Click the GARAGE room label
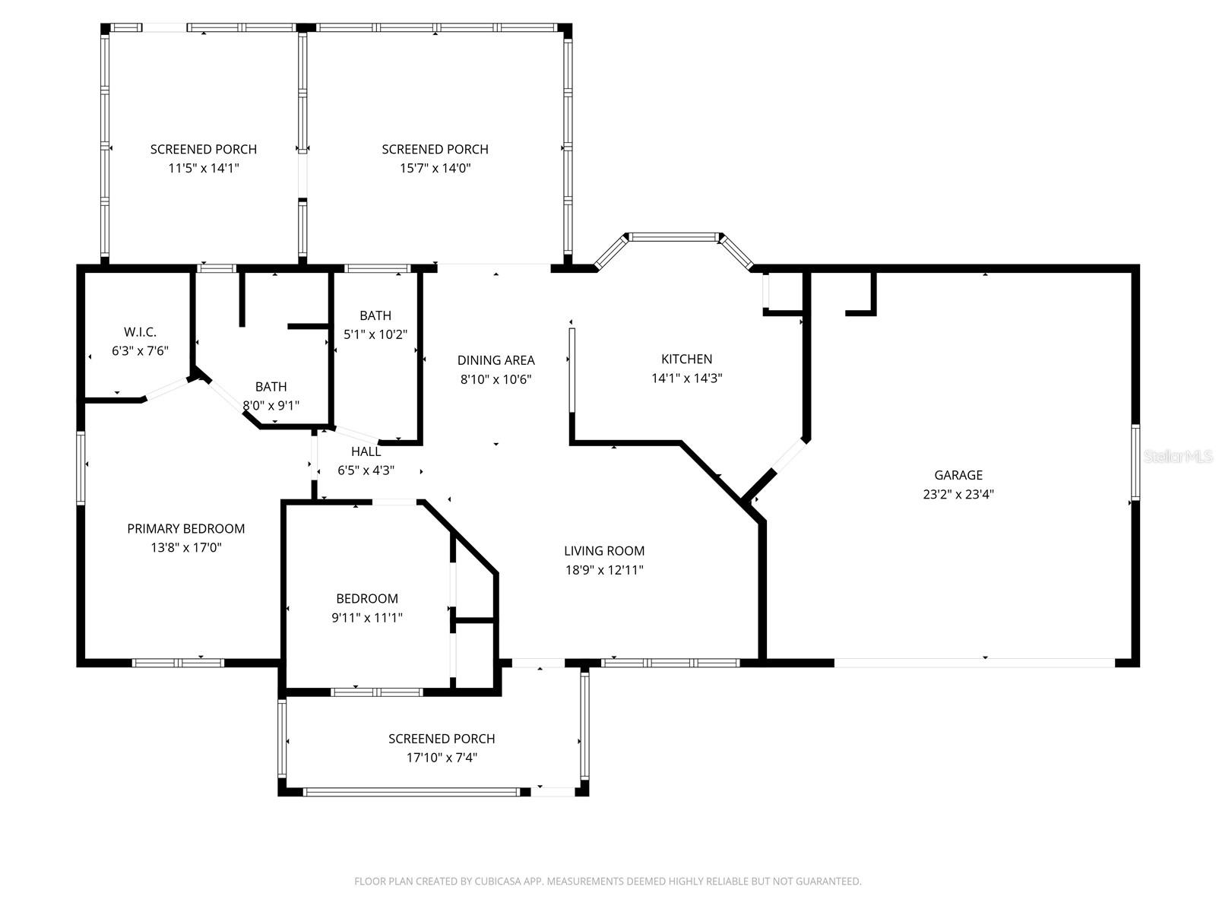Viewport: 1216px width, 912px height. pos(958,475)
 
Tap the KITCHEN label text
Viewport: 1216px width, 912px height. pos(686,359)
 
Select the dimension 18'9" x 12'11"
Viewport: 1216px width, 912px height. pos(603,570)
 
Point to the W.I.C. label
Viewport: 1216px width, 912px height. pos(140,332)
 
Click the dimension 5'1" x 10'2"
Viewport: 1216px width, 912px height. pos(375,334)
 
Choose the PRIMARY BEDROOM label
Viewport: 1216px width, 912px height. pos(185,528)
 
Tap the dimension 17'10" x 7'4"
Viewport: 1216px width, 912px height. pos(442,758)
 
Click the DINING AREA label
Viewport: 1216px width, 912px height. pos(496,360)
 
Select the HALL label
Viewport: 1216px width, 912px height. pos(366,451)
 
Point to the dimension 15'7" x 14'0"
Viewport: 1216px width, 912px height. pos(435,168)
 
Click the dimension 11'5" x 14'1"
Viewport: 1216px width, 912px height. pos(203,168)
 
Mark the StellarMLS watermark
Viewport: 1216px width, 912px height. pos(1177,456)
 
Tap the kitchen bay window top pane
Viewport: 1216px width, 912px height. pos(673,237)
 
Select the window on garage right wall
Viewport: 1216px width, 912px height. pos(1135,463)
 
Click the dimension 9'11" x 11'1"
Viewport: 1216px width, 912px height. pos(366,618)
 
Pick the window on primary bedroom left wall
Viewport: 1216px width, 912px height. pos(81,467)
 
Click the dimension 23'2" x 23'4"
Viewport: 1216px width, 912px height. pos(958,494)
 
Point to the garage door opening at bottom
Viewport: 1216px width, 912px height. pos(974,663)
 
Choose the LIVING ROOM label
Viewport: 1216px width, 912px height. pos(603,551)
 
